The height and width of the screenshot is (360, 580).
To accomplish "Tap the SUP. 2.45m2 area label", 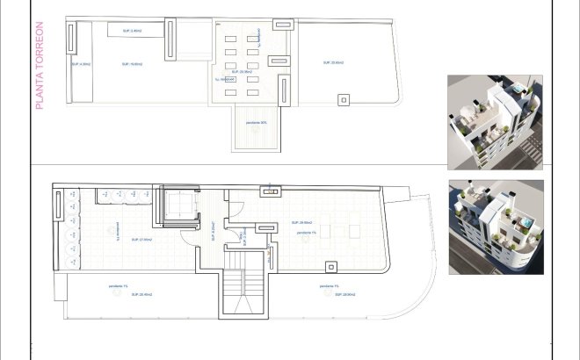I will click(x=132, y=31).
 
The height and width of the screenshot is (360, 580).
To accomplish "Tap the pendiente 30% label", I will click(x=257, y=124).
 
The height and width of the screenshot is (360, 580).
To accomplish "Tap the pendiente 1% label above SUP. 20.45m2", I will click(x=118, y=286).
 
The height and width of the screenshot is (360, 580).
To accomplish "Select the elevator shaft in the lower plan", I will click(x=182, y=208).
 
